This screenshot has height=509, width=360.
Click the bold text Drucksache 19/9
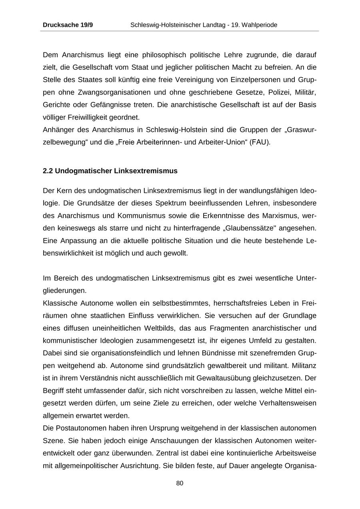pyautogui.click(x=68, y=25)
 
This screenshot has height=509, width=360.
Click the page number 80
pyautogui.click(x=180, y=483)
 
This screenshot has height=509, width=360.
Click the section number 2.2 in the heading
pyautogui.click(x=48, y=171)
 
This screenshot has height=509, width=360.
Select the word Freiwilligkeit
pyautogui.click(x=84, y=118)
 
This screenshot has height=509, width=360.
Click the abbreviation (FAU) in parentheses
pyautogui.click(x=260, y=142)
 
